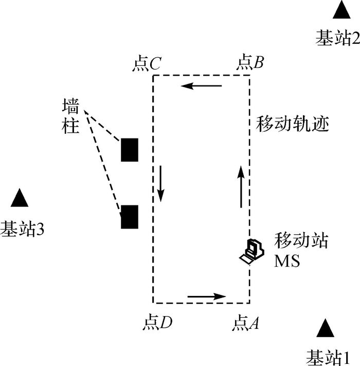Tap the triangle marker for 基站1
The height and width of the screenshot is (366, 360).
coord(325,329)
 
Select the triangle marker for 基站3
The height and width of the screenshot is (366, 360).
coord(19,198)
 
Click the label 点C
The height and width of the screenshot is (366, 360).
coord(148,63)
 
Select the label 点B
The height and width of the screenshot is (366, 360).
coord(250,63)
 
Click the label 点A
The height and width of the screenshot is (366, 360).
coord(247,323)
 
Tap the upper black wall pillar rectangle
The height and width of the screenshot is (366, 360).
coord(129,150)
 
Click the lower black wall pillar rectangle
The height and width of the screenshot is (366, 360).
coord(129,216)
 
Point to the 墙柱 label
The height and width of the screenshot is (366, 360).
coord(70,117)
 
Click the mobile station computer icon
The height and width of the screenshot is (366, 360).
coord(252,251)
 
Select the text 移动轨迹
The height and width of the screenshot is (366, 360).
coord(292,124)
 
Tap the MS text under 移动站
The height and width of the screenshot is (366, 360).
coord(287,261)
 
